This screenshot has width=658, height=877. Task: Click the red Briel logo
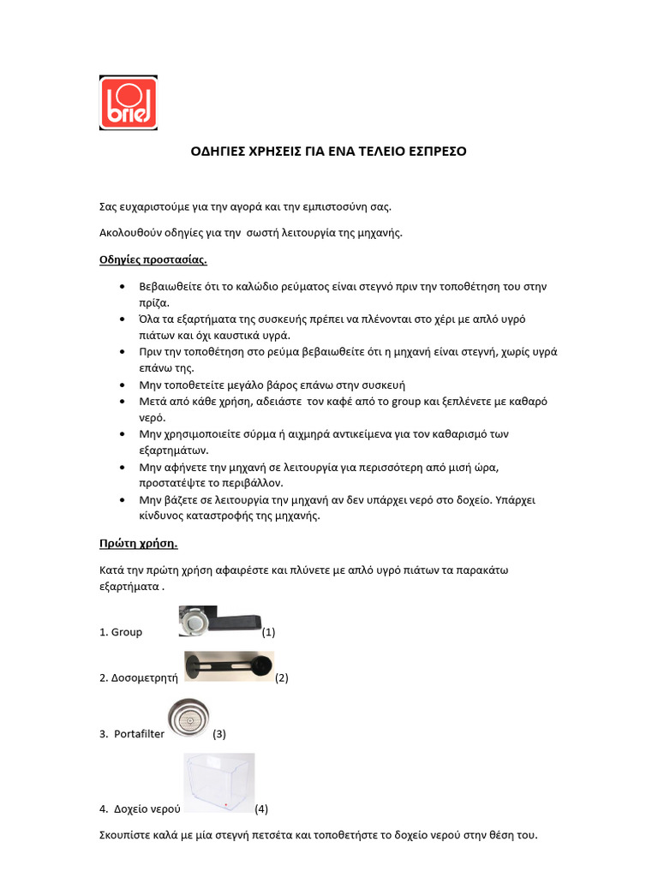(x=129, y=104)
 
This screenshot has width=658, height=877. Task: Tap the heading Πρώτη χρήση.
(x=139, y=543)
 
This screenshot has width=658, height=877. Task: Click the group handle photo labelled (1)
(x=219, y=621)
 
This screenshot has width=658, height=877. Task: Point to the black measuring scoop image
(x=229, y=665)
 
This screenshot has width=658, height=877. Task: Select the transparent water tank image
(x=219, y=783)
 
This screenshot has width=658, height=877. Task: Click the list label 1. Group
(x=121, y=633)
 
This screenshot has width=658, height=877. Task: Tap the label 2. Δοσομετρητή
(x=138, y=677)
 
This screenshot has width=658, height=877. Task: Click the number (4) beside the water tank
(x=261, y=808)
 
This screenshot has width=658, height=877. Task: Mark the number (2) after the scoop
(x=282, y=677)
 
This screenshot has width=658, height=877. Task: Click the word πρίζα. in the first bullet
(x=155, y=302)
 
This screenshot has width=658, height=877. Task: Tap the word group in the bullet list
(x=406, y=401)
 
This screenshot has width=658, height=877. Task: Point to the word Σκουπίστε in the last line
(x=126, y=835)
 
